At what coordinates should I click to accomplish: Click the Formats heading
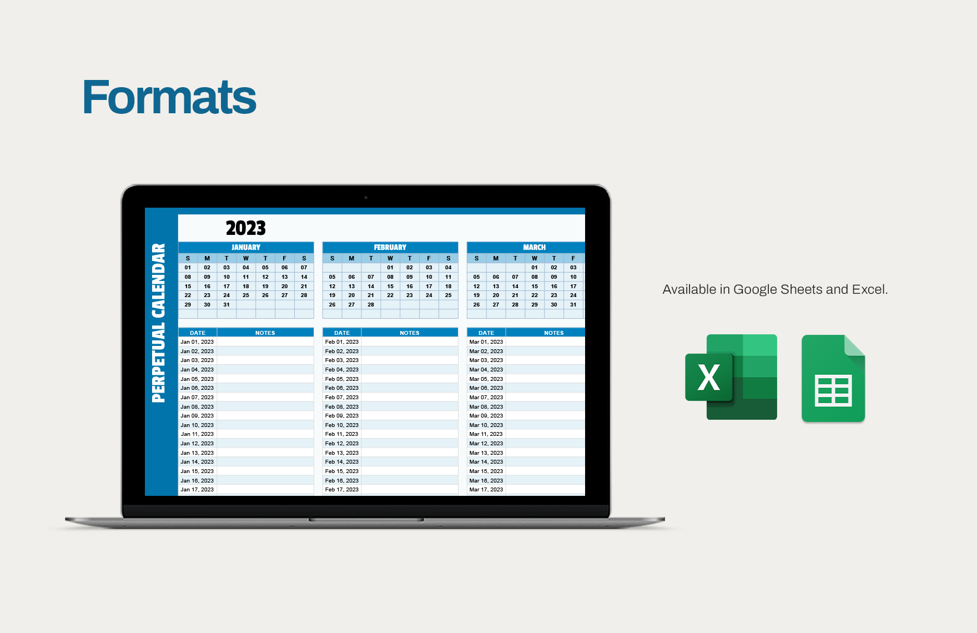169,97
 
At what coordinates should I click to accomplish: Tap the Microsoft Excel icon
731,377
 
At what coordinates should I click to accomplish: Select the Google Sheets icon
833,378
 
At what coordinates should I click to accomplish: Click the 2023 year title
245,228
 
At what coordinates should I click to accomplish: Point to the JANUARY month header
246,247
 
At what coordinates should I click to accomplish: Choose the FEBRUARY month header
390,247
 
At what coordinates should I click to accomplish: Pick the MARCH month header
534,247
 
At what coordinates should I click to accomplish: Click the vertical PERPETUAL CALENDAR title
159,323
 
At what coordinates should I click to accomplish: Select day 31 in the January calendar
226,305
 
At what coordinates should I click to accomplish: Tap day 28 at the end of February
371,305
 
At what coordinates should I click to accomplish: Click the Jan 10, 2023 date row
197,425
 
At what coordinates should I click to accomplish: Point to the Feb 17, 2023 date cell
342,490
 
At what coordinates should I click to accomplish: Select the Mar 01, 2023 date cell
486,342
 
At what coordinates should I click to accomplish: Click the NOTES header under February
410,333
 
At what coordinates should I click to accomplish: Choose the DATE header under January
198,333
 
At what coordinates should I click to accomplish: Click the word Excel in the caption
869,289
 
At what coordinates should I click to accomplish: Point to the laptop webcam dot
366,197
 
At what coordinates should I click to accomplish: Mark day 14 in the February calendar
371,287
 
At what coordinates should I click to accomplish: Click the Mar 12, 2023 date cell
486,444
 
